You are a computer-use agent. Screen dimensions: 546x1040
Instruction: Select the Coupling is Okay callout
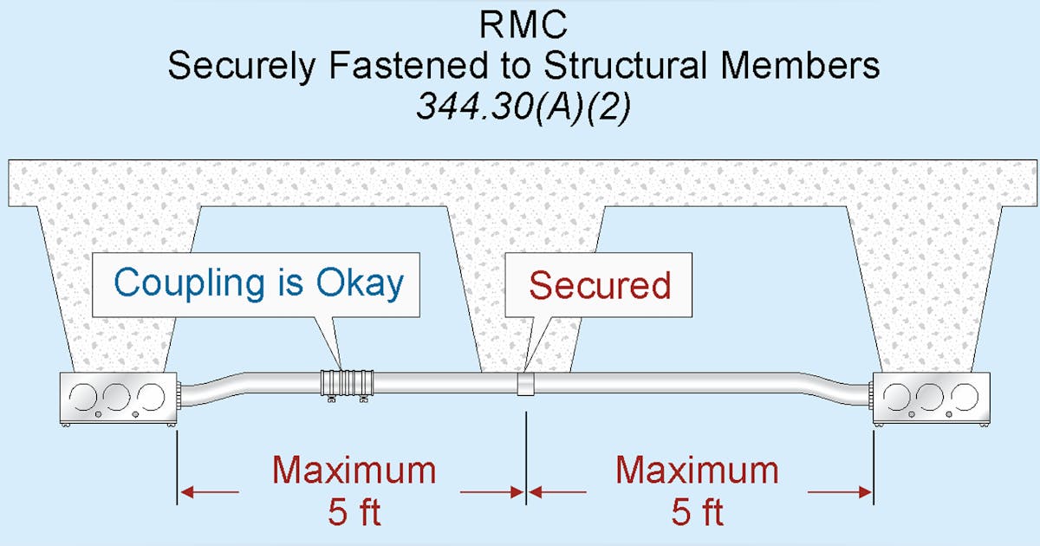point(258,283)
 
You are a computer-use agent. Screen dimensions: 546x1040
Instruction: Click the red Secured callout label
point(600,285)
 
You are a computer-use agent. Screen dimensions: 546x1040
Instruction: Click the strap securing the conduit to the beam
point(526,385)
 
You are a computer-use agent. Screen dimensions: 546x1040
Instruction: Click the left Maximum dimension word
point(354,471)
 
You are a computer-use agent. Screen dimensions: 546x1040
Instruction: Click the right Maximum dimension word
point(697,471)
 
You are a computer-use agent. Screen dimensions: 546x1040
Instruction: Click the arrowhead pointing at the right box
point(865,492)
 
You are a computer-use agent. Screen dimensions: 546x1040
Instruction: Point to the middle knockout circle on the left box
point(118,396)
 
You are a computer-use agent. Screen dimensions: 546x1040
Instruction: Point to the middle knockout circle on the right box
point(930,396)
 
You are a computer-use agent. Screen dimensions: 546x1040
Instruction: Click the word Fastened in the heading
point(395,66)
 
